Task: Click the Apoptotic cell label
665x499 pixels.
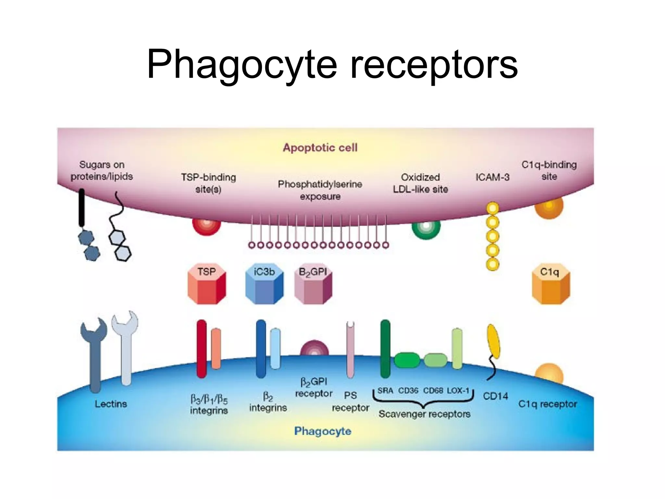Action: (320, 147)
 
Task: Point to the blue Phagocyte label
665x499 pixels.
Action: (322, 431)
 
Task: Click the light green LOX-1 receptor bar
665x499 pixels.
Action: (457, 349)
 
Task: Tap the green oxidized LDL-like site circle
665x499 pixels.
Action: (426, 228)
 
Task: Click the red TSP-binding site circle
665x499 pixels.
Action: (207, 226)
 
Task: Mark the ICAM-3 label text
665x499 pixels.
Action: (492, 177)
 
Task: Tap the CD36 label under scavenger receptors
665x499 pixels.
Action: (408, 390)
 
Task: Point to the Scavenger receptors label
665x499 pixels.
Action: (424, 414)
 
